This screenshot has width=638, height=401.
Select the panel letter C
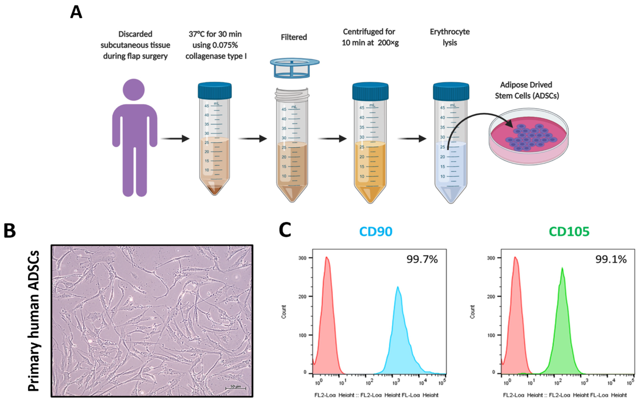pyautogui.click(x=285, y=230)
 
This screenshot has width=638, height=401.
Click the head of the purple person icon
pyautogui.click(x=134, y=90)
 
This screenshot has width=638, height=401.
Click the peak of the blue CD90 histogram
pyautogui.click(x=398, y=287)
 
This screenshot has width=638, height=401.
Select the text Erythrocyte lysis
pyautogui.click(x=450, y=37)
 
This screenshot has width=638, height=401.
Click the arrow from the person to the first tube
pyautogui.click(x=175, y=139)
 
